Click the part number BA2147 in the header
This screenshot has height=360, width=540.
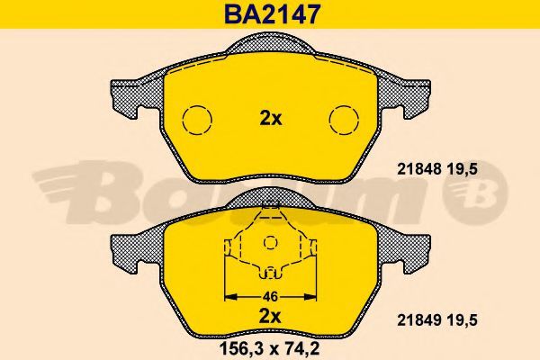(x=272, y=14)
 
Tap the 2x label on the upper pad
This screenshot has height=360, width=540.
(x=271, y=119)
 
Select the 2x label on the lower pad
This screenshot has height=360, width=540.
(x=270, y=317)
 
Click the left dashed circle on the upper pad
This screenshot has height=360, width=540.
(x=196, y=120)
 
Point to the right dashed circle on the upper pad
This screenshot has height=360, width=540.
(x=344, y=120)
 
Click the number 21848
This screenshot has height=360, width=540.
(x=419, y=169)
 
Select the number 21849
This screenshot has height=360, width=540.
(x=419, y=320)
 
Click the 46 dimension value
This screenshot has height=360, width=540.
(x=270, y=297)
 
